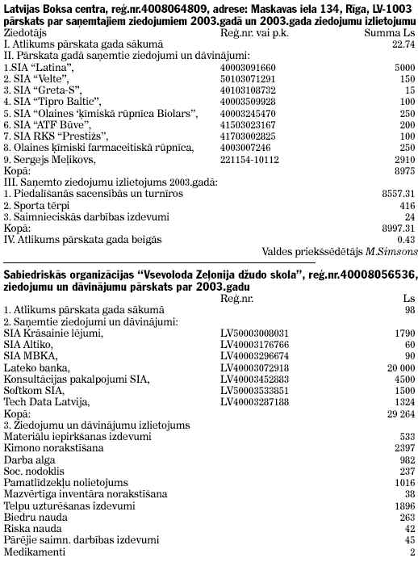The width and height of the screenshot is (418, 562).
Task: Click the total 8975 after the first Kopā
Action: point(403,172)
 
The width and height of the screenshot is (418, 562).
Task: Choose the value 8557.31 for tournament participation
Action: point(398,195)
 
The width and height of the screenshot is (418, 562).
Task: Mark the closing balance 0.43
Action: point(406,239)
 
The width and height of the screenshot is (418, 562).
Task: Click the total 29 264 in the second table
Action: point(399,413)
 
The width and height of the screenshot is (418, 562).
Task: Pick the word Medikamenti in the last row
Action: point(31,552)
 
